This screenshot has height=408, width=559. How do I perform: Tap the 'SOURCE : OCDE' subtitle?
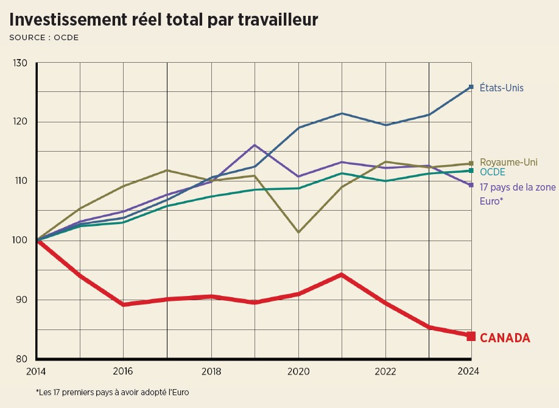44,38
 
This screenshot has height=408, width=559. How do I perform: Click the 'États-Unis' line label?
501,88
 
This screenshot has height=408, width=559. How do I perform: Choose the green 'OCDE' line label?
493,172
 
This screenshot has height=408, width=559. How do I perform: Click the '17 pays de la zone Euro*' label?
518,193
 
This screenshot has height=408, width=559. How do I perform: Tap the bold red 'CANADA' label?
505,338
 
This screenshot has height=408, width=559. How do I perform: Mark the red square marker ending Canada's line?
471,336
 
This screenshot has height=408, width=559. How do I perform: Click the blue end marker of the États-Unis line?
471,87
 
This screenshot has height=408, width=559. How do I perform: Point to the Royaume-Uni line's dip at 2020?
298,232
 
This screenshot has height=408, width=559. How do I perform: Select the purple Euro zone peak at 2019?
255,145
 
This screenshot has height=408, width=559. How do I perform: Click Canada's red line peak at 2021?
342,275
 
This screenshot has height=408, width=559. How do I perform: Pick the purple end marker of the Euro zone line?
471,185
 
